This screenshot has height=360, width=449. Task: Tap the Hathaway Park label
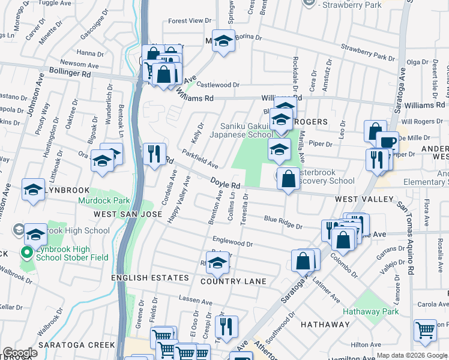point(371,311)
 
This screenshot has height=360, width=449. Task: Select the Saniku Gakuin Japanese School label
point(238,130)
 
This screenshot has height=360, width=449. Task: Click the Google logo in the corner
point(20,353)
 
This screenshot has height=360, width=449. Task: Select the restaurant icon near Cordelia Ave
point(154,153)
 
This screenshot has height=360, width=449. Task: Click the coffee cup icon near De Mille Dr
point(388,142)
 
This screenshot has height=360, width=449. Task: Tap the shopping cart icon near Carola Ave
point(425,329)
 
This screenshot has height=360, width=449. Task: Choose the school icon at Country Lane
point(219,262)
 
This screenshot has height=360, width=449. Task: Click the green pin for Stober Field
point(26,253)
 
